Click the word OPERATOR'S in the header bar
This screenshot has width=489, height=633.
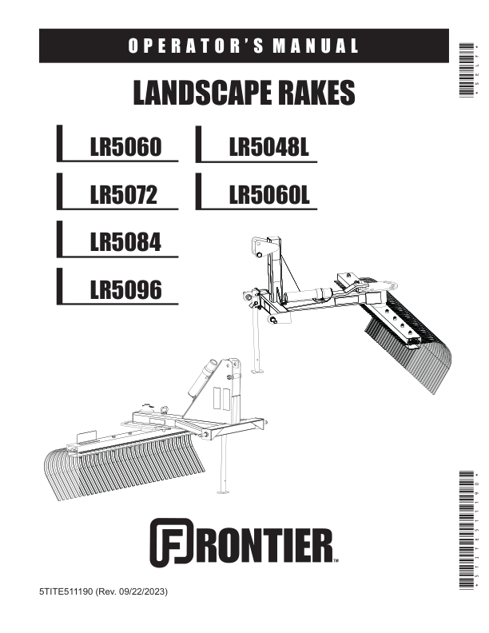(196, 46)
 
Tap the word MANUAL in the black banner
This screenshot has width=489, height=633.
(316, 46)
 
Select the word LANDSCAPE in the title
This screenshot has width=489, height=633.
(201, 93)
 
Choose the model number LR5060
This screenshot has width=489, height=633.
(125, 146)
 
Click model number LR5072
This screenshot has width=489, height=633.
(124, 194)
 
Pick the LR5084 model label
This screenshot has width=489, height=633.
(125, 242)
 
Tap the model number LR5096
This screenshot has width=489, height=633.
(125, 289)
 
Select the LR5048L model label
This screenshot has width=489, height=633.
(269, 146)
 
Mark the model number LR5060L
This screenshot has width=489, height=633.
(269, 194)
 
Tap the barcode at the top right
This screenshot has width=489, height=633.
(467, 70)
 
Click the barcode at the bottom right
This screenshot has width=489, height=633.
(467, 530)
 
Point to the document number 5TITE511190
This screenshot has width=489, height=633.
(66, 591)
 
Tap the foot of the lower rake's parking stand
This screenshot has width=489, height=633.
(222, 492)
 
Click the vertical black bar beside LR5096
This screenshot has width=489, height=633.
(59, 286)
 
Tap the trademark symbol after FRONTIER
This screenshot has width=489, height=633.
(336, 561)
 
